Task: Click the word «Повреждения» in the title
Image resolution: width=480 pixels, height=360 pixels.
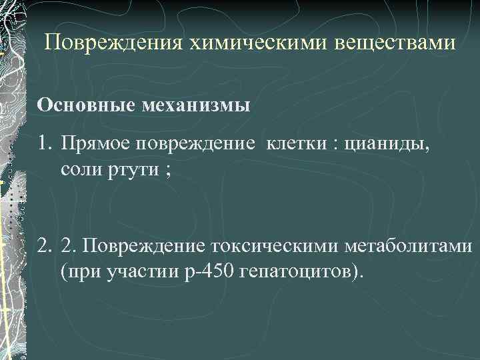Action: (x=111, y=44)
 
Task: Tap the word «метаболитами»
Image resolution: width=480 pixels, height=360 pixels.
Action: (x=409, y=248)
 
